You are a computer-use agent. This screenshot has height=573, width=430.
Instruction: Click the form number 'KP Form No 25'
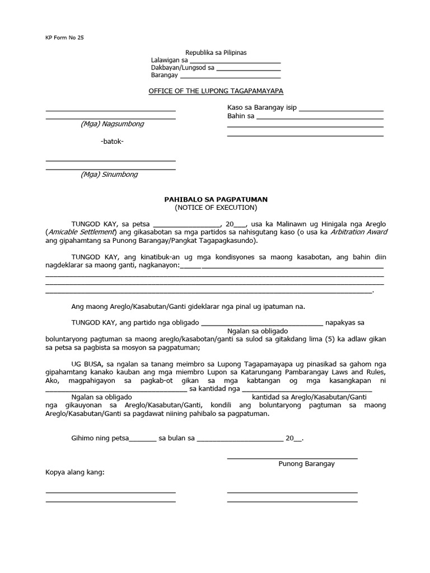64,37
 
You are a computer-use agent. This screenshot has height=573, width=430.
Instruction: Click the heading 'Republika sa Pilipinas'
216,53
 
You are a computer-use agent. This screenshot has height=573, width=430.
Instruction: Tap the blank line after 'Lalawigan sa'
235,62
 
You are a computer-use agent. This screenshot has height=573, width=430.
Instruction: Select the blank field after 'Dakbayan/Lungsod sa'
248,69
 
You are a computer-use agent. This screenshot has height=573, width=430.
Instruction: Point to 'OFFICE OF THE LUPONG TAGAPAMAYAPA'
216,91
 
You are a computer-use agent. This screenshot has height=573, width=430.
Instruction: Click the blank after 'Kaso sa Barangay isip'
341,109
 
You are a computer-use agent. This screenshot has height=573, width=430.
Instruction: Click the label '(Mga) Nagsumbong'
111,124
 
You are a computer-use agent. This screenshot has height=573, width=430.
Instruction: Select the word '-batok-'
112,141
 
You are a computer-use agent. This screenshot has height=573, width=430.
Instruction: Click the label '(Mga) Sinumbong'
109,175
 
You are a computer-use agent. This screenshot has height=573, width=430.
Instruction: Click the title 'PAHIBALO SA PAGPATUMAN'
216,199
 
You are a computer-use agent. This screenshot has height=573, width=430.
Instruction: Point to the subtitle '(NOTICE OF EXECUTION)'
216,208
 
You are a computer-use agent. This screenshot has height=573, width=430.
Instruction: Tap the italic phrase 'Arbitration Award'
358,232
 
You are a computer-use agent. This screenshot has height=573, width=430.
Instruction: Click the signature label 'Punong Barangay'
307,464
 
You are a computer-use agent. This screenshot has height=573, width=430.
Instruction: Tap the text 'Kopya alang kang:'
74,473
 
